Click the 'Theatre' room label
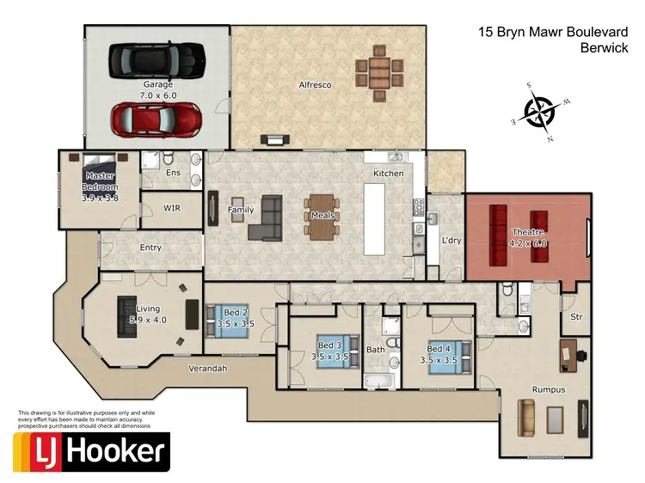527,232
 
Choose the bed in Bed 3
333,352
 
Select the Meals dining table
321,215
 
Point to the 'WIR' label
171,208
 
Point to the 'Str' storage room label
576,317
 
